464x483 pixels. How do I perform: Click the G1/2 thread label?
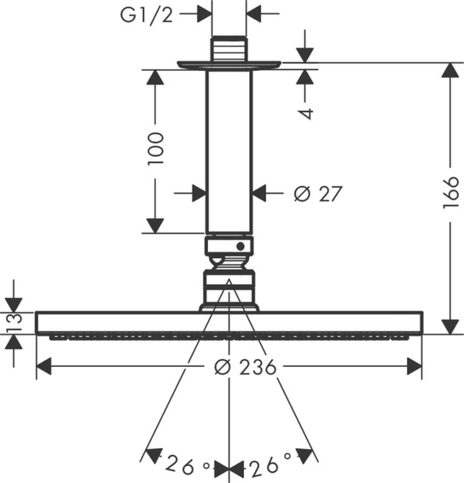146,15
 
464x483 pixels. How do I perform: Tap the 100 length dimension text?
156,149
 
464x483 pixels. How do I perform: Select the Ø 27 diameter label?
318,194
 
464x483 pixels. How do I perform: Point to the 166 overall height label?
451,193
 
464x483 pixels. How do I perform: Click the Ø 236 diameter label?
246,367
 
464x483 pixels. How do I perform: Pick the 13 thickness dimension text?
14,323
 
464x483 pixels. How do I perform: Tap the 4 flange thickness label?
306,113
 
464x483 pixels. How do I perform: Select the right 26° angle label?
270,464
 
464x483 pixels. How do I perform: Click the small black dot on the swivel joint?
241,247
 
